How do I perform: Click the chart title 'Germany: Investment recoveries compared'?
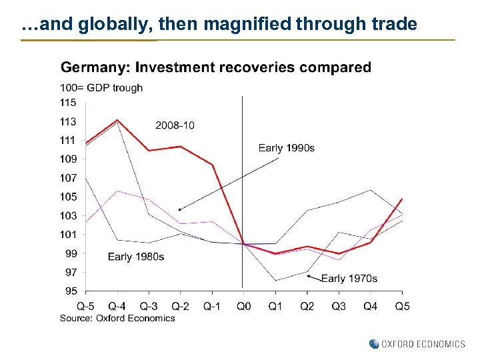[x=215, y=67]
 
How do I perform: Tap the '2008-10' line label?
[x=175, y=125]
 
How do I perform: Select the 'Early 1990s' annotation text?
[x=286, y=148]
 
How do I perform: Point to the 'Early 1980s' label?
[x=136, y=257]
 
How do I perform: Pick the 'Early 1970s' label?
[x=349, y=278]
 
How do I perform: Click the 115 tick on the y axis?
[x=68, y=103]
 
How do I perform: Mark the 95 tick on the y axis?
[x=71, y=291]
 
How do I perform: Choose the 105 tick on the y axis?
[x=68, y=197]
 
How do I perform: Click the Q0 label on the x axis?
[x=244, y=306]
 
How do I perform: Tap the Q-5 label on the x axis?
[x=85, y=306]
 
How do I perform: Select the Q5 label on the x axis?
[x=402, y=306]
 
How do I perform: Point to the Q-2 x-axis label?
[x=180, y=306]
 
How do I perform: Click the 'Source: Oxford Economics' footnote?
[x=117, y=318]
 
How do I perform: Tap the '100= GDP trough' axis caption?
[x=101, y=88]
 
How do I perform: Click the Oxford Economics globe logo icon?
[x=373, y=344]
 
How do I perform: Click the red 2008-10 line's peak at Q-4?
[x=117, y=120]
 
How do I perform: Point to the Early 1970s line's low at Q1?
[x=275, y=280]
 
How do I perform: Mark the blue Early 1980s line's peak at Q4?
[x=371, y=190]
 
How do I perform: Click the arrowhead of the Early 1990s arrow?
[x=180, y=209]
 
